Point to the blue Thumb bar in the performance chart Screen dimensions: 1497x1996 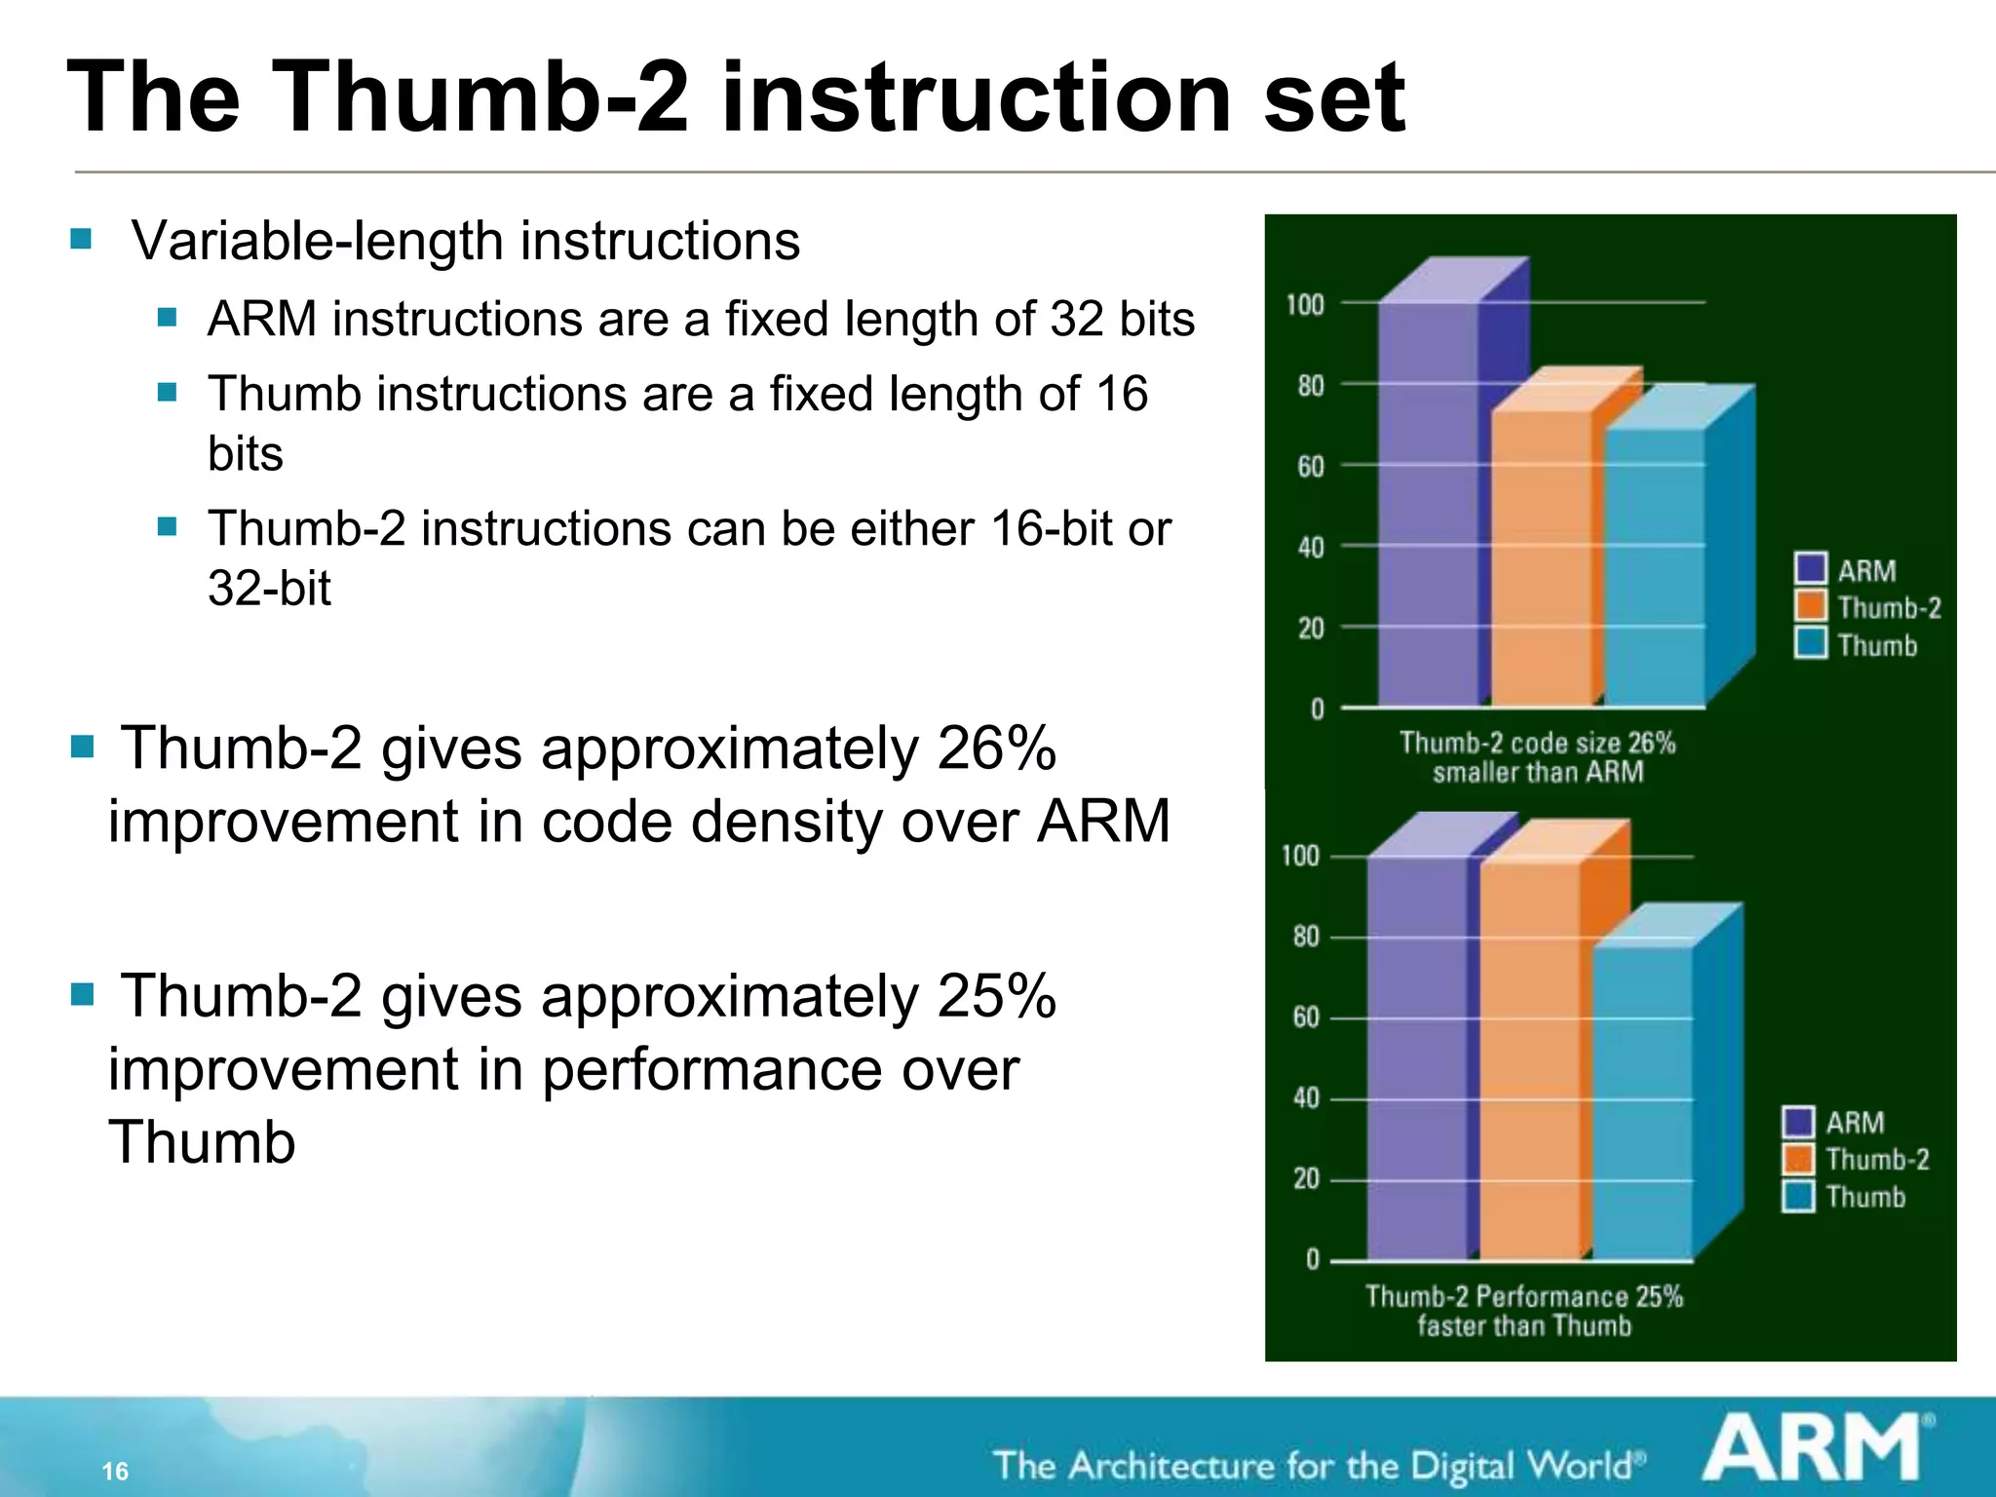tap(1643, 1101)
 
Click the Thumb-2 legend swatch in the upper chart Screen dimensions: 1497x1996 tap(1811, 606)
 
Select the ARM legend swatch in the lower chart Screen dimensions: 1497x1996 tap(1798, 1122)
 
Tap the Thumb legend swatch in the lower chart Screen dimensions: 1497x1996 tap(1798, 1196)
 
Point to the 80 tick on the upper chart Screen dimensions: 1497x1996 tap(1311, 387)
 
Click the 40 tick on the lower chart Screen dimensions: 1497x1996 tap(1306, 1098)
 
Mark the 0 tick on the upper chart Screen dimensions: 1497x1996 tap(1317, 710)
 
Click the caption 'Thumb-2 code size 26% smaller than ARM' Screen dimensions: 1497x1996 tap(1537, 757)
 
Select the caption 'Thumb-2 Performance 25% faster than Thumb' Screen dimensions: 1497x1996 tap(1523, 1311)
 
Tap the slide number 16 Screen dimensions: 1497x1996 tap(115, 1471)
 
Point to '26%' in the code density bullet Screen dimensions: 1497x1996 tap(996, 748)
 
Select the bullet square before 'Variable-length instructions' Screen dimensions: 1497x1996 tap(81, 239)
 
